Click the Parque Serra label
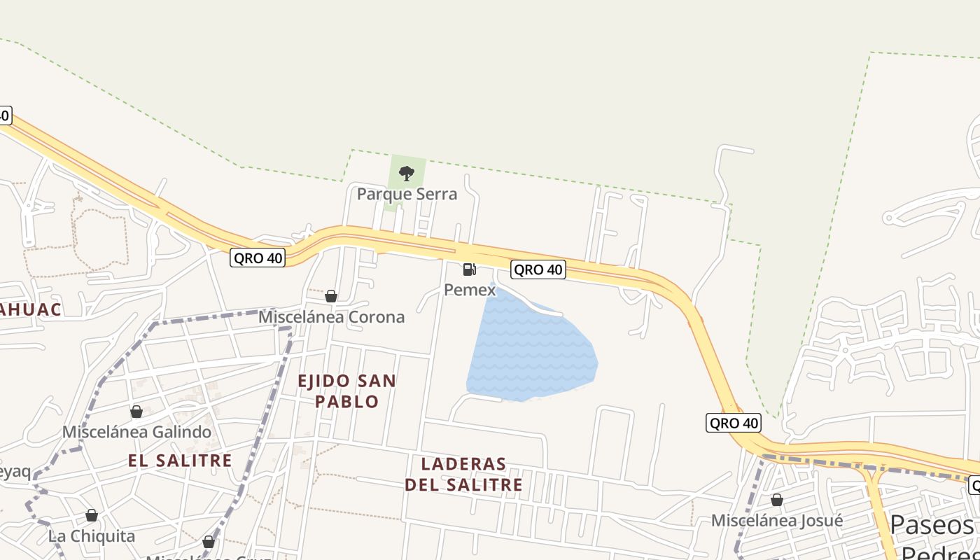coord(407,194)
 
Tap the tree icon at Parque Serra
coord(406,173)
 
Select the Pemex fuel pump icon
coord(470,269)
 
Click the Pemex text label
coord(470,289)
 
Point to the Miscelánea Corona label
coord(331,316)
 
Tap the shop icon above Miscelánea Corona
coord(331,296)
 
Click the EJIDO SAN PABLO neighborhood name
coord(347,391)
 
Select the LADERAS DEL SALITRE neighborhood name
coord(463,474)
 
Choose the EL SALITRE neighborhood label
coord(180,460)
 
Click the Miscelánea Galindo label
coord(136,432)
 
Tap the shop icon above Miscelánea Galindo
coord(136,412)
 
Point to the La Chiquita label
coord(92,536)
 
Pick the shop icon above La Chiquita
coord(92,516)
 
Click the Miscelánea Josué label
coord(777,520)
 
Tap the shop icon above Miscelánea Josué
coord(777,500)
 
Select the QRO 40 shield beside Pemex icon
coord(538,269)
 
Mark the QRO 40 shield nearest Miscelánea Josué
coord(733,423)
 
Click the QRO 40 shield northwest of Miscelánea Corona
coord(258,258)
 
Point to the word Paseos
coord(932,524)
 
